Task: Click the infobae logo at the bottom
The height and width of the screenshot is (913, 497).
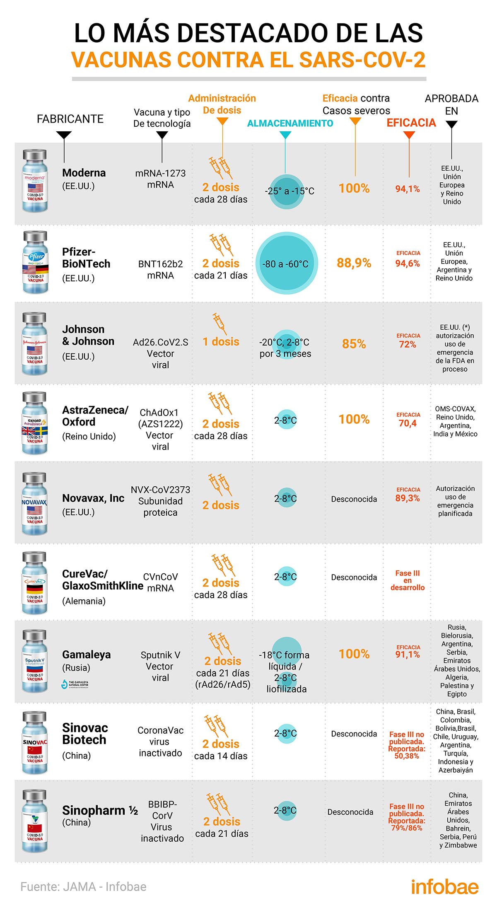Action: pos(445,886)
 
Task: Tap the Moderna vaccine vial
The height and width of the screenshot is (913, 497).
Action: pos(35,181)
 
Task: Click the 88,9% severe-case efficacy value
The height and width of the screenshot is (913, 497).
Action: pos(354,263)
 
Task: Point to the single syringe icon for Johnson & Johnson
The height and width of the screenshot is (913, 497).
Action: pos(220,324)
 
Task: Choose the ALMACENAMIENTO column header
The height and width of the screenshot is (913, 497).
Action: pos(290,123)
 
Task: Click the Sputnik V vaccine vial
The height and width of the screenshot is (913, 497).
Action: pos(35,661)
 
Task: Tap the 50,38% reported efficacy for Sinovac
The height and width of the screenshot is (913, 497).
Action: pos(407,756)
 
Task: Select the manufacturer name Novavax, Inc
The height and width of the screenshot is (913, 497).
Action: pos(93,498)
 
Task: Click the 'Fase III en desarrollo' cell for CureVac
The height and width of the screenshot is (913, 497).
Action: pos(408,580)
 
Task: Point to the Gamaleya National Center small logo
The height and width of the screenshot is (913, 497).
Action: pos(75,684)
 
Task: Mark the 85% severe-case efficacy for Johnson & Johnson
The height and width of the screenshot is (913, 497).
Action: pos(354,344)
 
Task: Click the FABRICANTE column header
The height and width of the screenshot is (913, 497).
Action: pos(70,119)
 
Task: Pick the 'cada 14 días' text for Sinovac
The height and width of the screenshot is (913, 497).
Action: pos(221,756)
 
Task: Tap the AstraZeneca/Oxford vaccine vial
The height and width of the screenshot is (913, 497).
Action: pos(35,423)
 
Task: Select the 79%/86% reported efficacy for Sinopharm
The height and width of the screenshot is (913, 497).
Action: pos(407,828)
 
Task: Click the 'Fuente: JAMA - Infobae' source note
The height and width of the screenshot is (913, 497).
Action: pos(83,886)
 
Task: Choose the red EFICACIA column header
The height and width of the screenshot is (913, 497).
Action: pos(411,123)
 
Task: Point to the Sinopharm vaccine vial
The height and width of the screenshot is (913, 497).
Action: pos(35,821)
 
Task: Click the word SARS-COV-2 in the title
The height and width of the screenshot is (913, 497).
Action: pos(362,60)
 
